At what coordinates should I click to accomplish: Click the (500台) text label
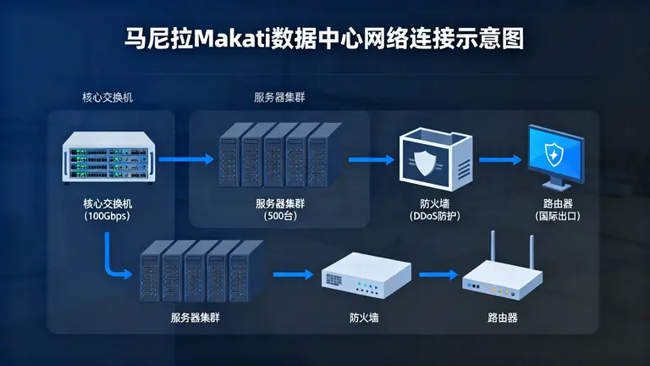[277, 216]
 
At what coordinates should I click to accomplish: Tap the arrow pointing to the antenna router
[438, 274]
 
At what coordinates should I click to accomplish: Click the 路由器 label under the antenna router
[502, 319]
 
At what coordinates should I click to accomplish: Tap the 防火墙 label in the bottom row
[364, 319]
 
